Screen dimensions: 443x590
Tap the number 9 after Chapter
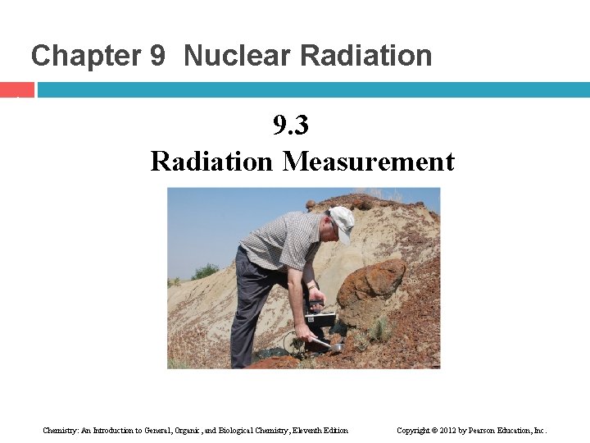tap(157, 56)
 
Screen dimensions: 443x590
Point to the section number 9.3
tap(291, 126)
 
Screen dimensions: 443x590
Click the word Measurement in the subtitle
tap(368, 161)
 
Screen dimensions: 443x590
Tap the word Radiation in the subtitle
tap(211, 161)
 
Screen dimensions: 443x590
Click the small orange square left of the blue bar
tap(16, 89)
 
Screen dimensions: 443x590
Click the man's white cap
tap(343, 221)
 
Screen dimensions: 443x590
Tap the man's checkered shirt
tap(283, 242)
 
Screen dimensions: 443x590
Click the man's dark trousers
tap(250, 312)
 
